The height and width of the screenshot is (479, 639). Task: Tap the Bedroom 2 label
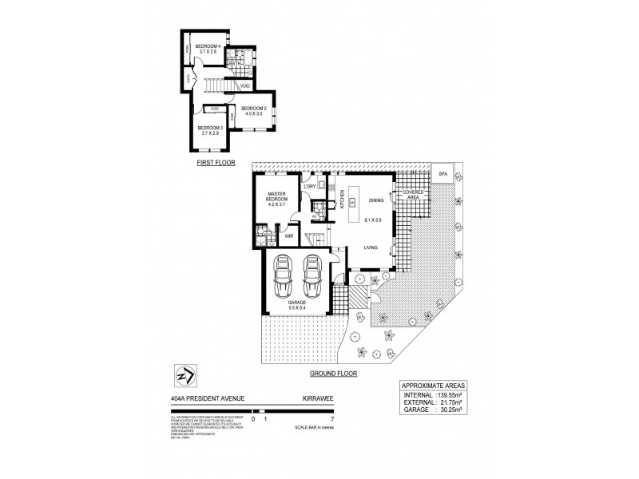pos(252,110)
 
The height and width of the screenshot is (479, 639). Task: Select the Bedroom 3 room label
pos(210,131)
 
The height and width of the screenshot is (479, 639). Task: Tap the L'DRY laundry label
pos(310,187)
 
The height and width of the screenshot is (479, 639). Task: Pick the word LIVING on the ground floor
pos(371,248)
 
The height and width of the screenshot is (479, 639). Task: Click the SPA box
pos(442,173)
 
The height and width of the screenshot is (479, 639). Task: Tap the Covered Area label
pos(413,195)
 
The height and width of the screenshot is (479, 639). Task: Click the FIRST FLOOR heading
pos(214,161)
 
